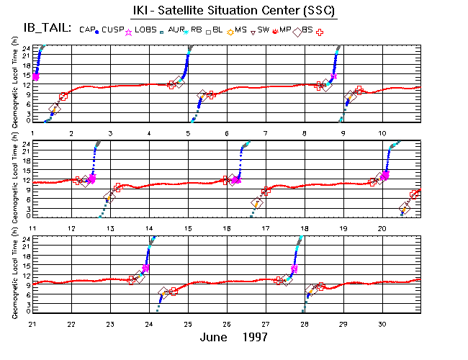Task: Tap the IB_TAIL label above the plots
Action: point(40,29)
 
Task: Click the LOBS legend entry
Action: point(148,30)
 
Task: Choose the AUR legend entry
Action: point(177,30)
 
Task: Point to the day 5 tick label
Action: point(188,134)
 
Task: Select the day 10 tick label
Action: point(382,134)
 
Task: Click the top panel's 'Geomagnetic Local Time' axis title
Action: point(14,83)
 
